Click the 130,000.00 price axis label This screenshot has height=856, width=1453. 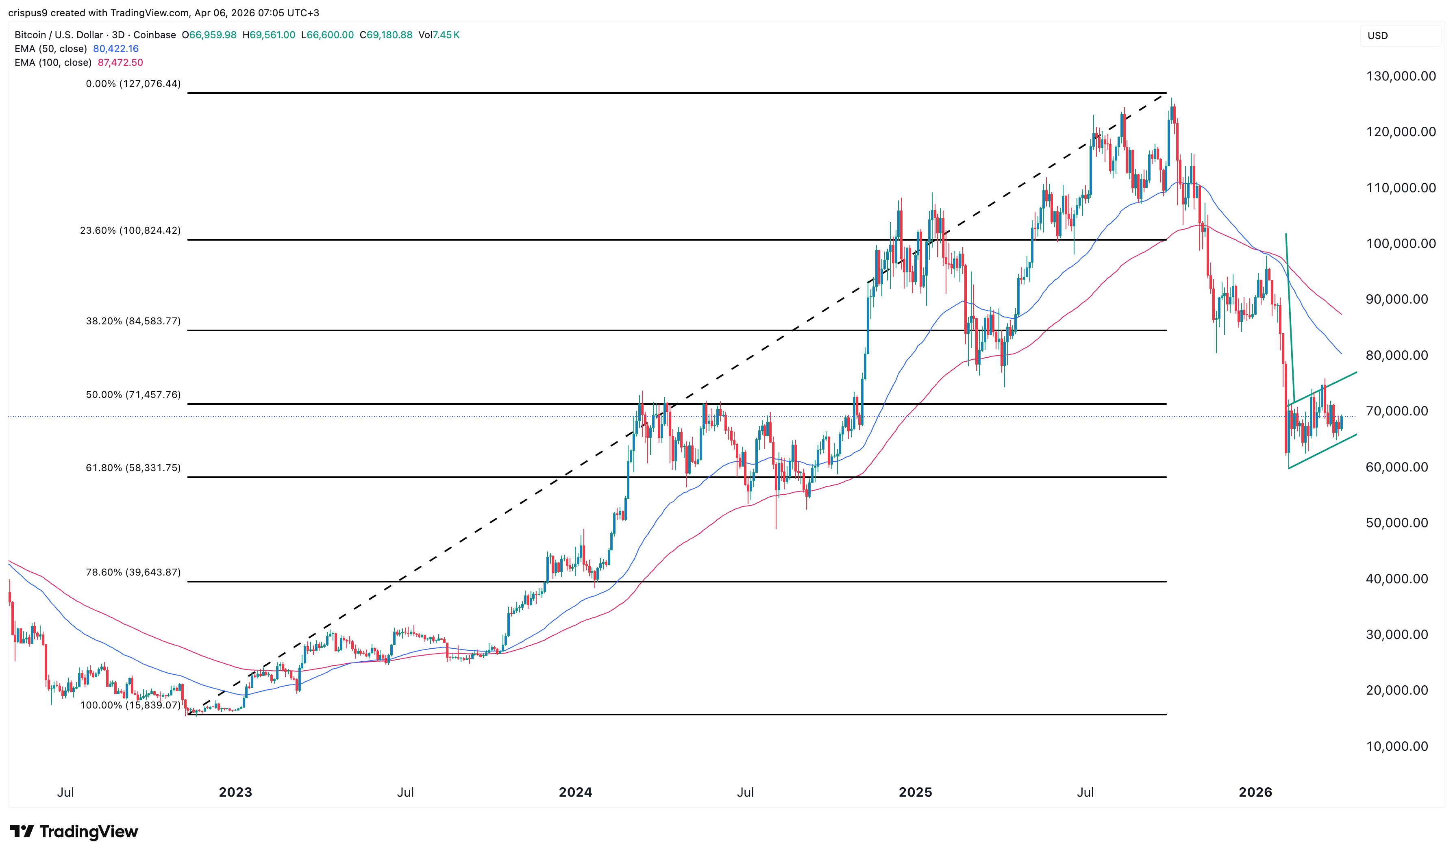pos(1401,76)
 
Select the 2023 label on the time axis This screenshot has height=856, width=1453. pos(235,792)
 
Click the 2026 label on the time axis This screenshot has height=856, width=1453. pos(1255,792)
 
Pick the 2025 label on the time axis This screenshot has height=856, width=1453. pos(915,792)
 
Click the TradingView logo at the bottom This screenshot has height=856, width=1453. pos(74,831)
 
